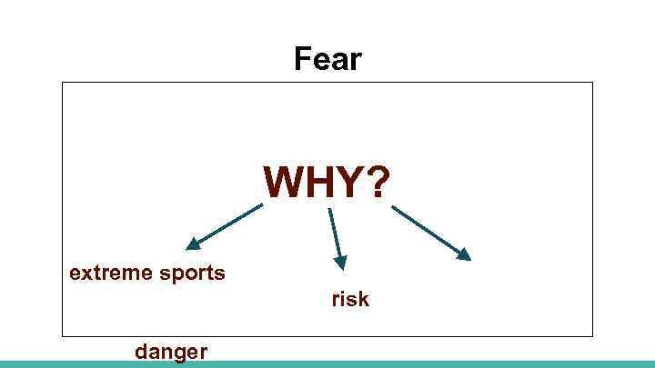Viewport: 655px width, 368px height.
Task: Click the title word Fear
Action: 327,60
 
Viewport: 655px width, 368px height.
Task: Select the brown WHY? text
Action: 327,183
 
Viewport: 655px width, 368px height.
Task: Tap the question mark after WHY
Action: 377,183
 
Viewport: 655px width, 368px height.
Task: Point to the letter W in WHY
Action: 283,183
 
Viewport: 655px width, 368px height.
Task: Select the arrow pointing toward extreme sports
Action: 225,225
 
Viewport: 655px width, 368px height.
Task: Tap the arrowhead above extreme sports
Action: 193,244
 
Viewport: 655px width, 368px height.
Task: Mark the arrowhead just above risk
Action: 340,263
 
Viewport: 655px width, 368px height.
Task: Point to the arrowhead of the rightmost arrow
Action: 464,254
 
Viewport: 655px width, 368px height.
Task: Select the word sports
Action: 193,273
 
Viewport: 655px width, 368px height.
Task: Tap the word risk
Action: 349,299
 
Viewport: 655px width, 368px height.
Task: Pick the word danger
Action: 171,351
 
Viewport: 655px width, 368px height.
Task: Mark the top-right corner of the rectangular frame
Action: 592,83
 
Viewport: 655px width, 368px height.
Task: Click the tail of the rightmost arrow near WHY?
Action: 394,207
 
